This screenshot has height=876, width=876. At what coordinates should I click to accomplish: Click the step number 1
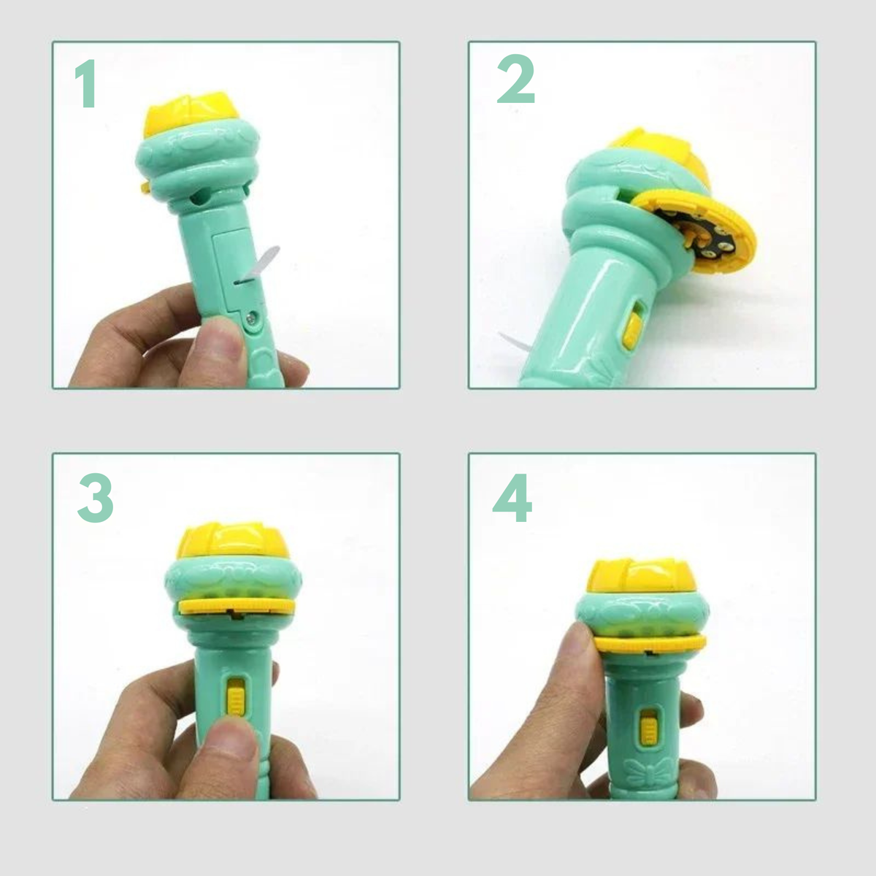[86, 84]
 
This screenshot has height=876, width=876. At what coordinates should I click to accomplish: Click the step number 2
[516, 79]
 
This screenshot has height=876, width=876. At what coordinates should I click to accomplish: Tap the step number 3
[95, 498]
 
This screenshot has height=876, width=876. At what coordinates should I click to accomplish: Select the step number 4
[512, 498]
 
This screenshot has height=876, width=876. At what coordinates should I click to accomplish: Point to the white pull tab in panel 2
[515, 342]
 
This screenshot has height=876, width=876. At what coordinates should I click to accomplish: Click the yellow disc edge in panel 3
[237, 607]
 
